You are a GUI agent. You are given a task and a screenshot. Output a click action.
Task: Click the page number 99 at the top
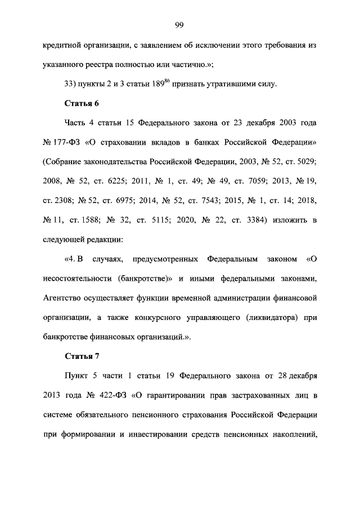pos(179,24)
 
